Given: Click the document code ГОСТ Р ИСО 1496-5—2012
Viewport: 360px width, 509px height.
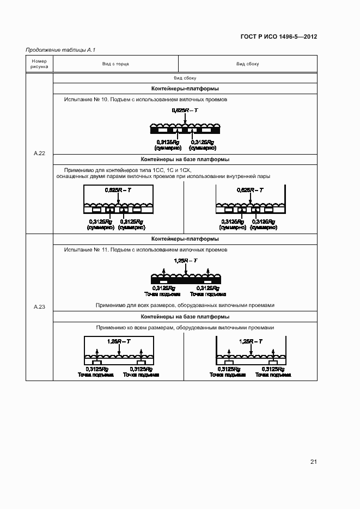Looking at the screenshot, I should click(279, 37).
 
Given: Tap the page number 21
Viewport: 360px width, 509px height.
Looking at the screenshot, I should click(313, 462).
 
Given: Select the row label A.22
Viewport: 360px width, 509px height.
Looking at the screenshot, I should click(39, 154).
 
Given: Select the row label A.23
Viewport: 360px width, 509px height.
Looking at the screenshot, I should click(39, 307).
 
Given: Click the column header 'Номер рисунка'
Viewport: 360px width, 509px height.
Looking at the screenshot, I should click(39, 64).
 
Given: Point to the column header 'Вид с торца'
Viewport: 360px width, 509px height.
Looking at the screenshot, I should click(115, 64).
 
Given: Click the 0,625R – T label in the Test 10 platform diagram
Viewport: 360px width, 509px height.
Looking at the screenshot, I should click(185, 111).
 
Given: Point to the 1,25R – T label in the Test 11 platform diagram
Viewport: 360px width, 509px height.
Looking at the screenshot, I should click(185, 261).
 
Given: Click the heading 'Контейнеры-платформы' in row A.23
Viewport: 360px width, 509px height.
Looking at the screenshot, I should click(185, 238).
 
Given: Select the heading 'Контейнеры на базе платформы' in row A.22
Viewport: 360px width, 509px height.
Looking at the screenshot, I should click(185, 160).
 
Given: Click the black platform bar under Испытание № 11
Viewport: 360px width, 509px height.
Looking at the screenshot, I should click(185, 280).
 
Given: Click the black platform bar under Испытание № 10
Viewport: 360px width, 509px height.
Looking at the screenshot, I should click(185, 131).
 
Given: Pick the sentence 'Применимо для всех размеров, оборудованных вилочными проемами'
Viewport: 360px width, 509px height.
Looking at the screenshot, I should click(185, 305).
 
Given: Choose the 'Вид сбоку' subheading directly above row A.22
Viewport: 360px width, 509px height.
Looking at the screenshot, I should click(185, 78).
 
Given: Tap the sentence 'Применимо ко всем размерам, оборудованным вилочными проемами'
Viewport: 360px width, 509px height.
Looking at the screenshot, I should click(185, 328).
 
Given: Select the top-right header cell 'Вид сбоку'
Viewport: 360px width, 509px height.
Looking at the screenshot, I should click(247, 64).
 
